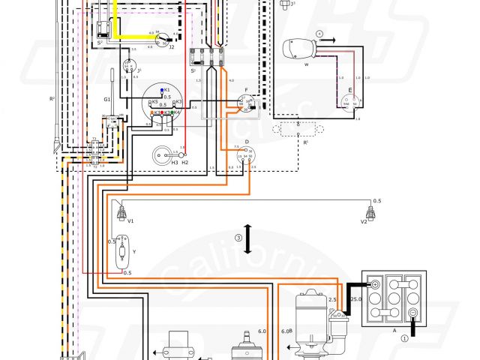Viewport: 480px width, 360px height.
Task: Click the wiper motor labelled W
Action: click(301, 52)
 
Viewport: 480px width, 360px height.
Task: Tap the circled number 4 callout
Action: click(319, 34)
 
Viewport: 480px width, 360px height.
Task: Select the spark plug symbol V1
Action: click(121, 213)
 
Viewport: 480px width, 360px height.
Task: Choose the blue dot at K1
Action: click(162, 90)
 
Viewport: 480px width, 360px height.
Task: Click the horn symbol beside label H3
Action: click(160, 154)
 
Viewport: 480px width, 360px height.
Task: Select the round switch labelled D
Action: click(244, 155)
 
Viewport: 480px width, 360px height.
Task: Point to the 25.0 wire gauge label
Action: click(355, 299)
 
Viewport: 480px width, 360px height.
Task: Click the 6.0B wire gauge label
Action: click(286, 331)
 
